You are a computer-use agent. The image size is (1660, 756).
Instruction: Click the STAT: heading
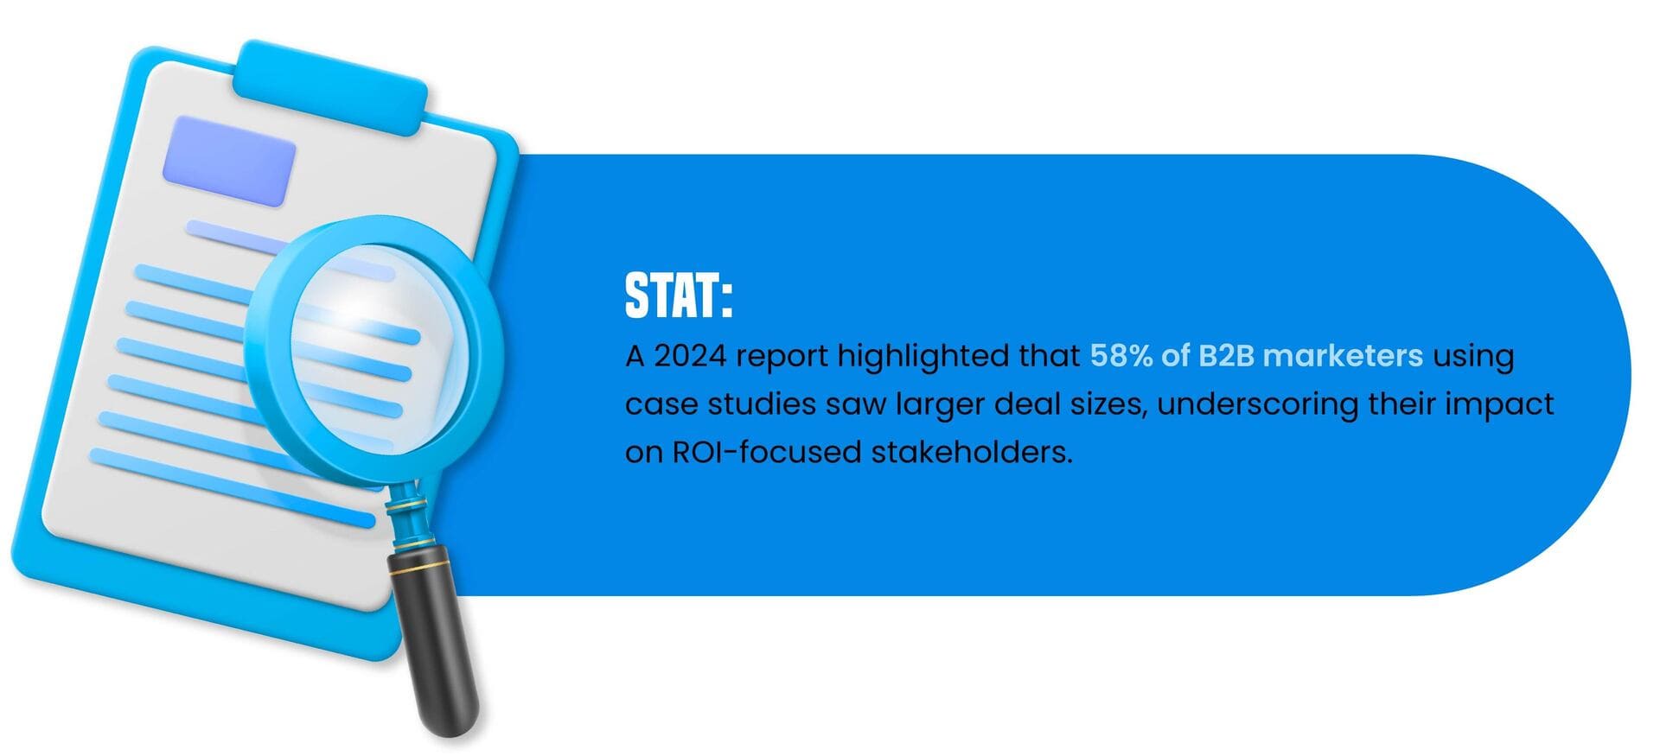pyautogui.click(x=679, y=296)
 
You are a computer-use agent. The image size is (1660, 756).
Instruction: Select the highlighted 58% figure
pyautogui.click(x=1122, y=356)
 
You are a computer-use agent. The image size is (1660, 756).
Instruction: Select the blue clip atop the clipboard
pyautogui.click(x=333, y=89)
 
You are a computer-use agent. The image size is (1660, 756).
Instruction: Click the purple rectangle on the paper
pyautogui.click(x=229, y=162)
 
